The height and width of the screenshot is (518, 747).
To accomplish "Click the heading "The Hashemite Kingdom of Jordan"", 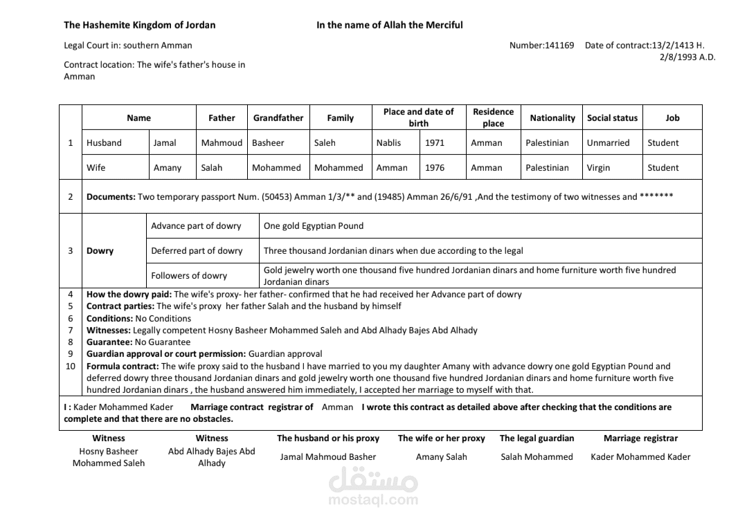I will point(139,25).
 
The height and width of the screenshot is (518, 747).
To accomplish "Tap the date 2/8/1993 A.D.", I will point(687,57).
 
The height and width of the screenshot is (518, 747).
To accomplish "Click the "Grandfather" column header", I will point(278,118).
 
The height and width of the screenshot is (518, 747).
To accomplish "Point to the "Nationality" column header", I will point(552,118).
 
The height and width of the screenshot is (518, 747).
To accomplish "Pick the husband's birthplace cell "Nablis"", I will point(388,143).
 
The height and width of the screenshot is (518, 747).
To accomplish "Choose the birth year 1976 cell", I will point(435,168).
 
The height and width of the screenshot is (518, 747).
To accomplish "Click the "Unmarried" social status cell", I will point(608,143).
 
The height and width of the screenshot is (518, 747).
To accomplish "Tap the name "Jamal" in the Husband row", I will point(165,143).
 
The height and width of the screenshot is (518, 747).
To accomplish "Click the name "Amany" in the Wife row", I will point(168,168).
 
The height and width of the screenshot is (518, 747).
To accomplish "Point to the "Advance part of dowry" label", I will point(196,226).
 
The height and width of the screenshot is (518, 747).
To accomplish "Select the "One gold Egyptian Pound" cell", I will point(314,226).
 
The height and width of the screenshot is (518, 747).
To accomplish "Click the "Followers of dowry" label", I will point(189,276).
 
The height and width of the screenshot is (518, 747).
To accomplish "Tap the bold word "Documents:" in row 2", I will point(111,197).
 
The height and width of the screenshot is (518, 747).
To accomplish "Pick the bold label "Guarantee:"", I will point(109,342).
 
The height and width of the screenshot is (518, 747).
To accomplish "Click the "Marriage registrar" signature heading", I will point(640,438).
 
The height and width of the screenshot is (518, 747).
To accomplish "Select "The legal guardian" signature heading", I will point(537,438).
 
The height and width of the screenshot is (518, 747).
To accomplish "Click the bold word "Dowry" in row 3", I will point(100,251).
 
